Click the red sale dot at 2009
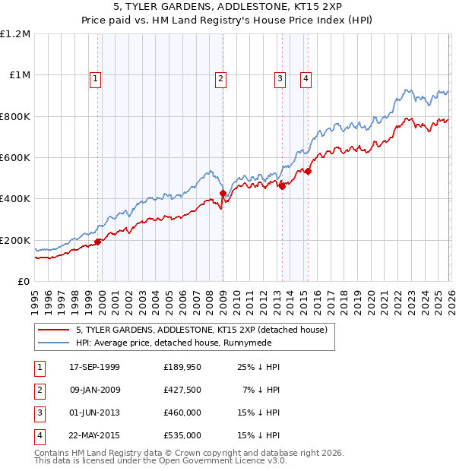click(223, 194)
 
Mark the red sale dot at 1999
click(98, 242)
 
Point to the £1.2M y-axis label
click(15, 34)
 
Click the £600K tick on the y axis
click(15, 158)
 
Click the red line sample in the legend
click(53, 330)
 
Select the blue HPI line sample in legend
click(53, 343)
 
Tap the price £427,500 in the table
click(182, 390)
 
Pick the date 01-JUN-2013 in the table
click(94, 413)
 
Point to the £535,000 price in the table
click(182, 435)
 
